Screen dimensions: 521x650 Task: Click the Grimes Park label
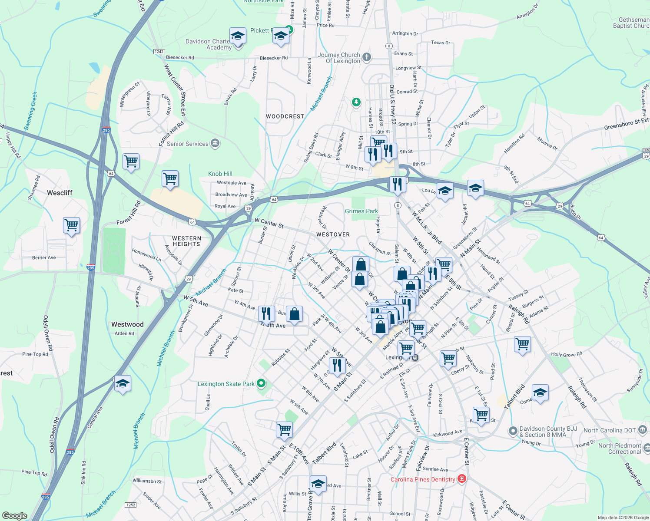[361, 211]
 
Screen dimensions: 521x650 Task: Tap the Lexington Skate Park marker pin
[261, 383]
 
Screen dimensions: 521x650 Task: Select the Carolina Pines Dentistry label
[423, 479]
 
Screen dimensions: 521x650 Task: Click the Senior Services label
[188, 144]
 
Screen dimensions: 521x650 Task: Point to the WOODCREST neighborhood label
[285, 116]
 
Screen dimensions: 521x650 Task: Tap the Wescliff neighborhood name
[60, 193]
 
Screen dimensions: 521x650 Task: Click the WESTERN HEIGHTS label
[186, 241]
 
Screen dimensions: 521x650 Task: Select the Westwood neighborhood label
[127, 324]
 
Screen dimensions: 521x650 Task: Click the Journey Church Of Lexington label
[339, 58]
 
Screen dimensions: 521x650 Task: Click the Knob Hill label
[220, 174]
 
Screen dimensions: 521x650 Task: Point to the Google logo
[14, 515]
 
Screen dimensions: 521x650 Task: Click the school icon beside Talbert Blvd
[540, 393]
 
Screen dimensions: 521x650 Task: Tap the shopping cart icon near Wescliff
[71, 225]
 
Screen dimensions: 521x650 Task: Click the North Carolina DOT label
[610, 430]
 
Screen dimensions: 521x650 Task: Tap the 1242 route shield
[159, 52]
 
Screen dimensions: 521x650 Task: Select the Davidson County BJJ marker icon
[513, 432]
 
